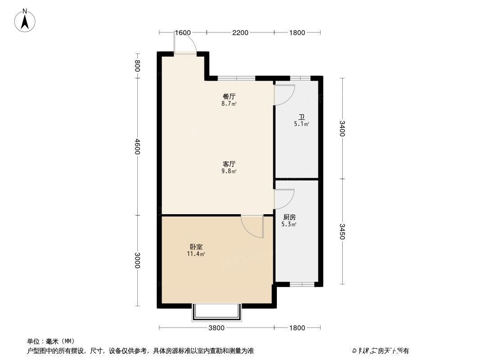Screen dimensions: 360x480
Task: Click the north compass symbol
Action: click(x=25, y=20)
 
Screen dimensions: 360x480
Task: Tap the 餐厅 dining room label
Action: click(x=229, y=96)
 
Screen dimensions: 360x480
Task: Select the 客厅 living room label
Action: click(x=229, y=164)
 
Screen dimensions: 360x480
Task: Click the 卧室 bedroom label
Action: click(x=196, y=247)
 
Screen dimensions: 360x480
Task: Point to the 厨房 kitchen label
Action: click(x=289, y=217)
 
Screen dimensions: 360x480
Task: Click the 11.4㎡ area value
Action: click(x=196, y=254)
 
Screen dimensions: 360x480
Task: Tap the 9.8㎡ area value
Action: click(x=229, y=171)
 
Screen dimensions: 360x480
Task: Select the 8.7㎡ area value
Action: click(x=229, y=103)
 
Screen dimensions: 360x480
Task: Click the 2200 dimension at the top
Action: click(x=240, y=32)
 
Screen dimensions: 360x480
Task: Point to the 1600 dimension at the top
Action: click(x=183, y=32)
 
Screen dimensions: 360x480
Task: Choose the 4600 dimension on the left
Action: click(x=138, y=147)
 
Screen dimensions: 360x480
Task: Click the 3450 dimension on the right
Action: click(x=342, y=231)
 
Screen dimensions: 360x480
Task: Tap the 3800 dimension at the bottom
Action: click(x=216, y=328)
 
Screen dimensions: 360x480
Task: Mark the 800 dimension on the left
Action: click(x=138, y=66)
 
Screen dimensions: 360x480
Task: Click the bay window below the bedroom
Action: click(x=217, y=313)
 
